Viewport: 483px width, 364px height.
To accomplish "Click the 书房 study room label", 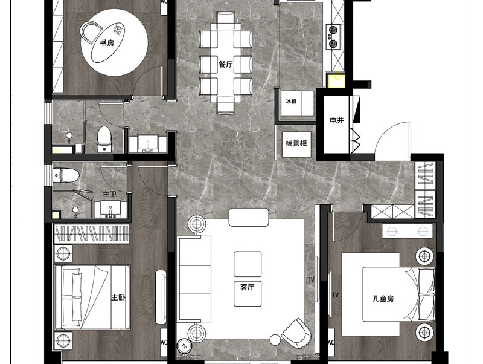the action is click(x=107, y=42).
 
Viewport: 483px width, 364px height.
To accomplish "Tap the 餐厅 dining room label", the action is click(x=226, y=64).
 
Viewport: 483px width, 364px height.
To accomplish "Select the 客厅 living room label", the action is click(x=247, y=287).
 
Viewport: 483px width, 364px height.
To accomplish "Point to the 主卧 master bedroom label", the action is click(x=118, y=297).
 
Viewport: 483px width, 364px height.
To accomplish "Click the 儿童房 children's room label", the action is click(x=383, y=298).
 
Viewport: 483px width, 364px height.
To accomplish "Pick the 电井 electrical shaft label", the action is click(x=336, y=120).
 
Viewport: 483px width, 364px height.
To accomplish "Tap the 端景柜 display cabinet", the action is click(x=296, y=144).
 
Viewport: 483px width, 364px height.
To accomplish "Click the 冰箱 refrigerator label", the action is click(x=291, y=101).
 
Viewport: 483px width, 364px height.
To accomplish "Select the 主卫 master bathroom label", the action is click(x=109, y=194).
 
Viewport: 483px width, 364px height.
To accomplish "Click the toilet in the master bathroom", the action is click(x=66, y=175).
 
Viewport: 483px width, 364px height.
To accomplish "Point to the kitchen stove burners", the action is click(x=333, y=36).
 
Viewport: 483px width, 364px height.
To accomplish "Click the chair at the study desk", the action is click(x=90, y=31).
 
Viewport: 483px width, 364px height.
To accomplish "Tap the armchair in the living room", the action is click(x=296, y=333).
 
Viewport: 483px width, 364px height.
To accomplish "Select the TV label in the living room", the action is click(x=310, y=280).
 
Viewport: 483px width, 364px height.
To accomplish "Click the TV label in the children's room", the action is click(x=336, y=295).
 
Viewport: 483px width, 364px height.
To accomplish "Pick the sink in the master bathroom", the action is click(x=110, y=209).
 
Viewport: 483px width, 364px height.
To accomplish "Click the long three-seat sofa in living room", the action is click(x=194, y=279).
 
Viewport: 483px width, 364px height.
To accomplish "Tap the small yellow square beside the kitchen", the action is click(x=336, y=80).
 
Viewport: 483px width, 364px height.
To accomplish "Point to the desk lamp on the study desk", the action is click(x=118, y=30).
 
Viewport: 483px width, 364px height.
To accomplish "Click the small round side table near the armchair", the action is click(x=275, y=340).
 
